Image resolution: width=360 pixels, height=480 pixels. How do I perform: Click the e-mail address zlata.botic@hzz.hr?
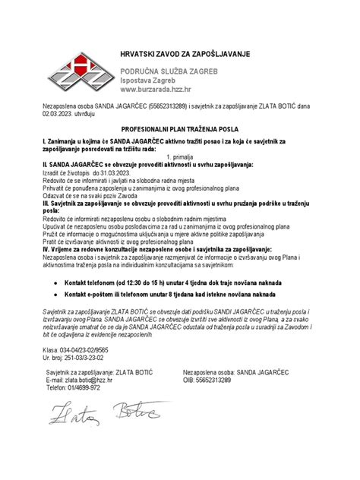89,380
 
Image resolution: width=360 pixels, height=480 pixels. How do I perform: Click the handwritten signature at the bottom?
99,414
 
